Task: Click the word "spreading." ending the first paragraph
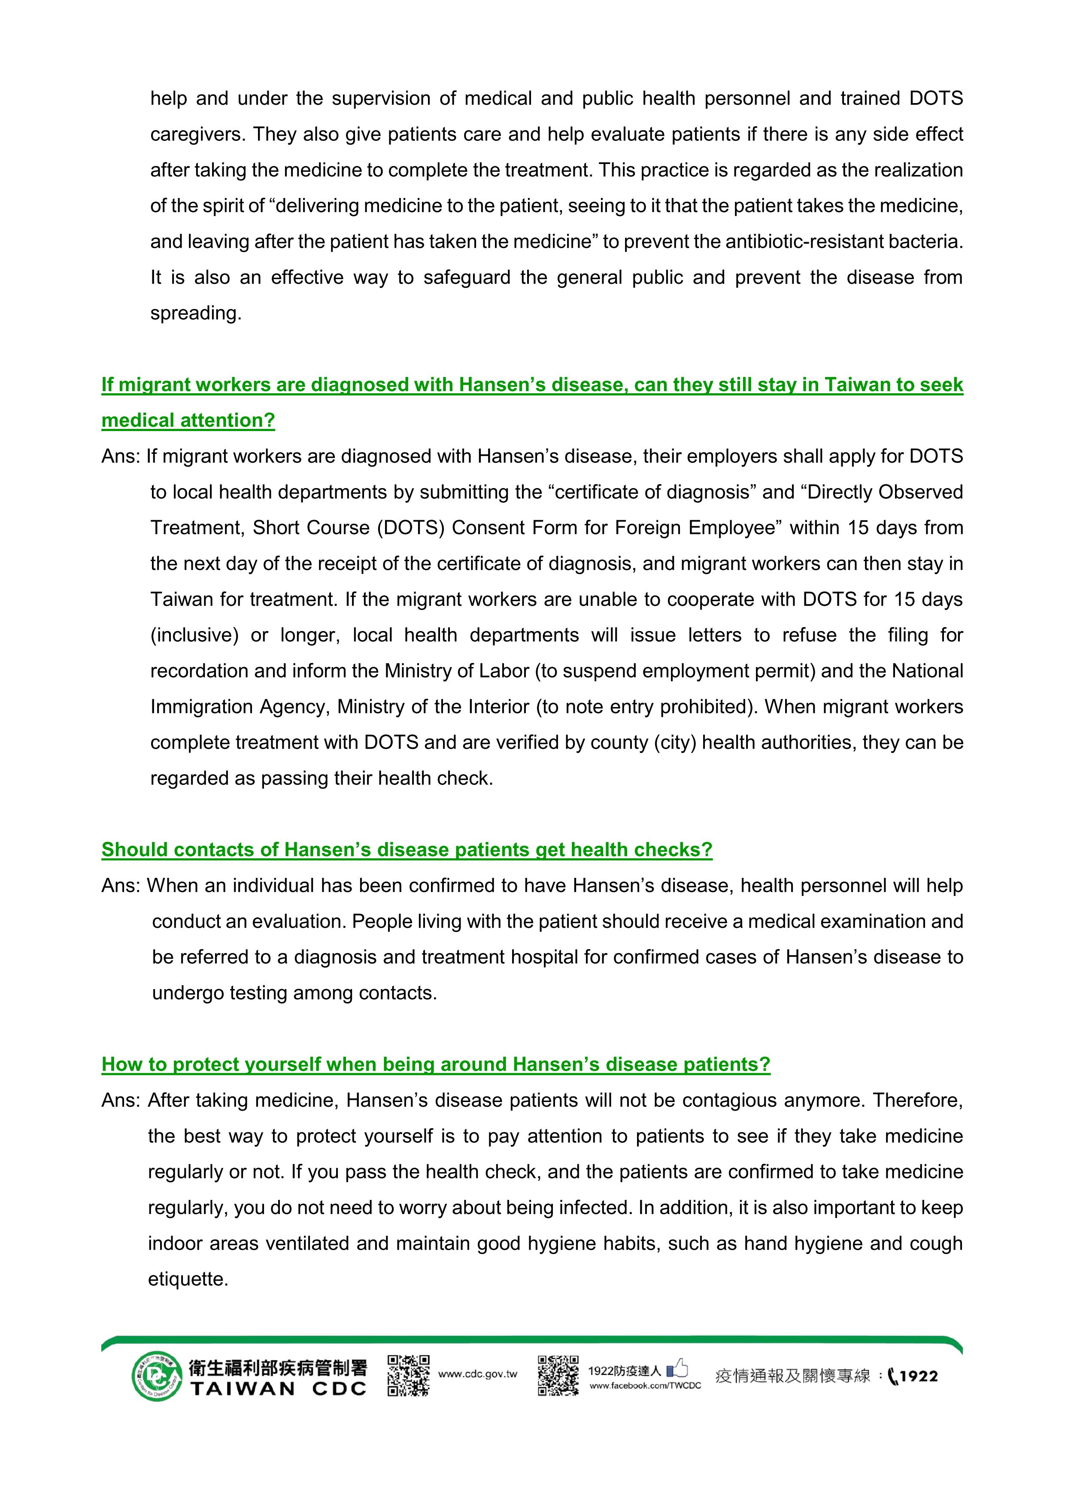(195, 313)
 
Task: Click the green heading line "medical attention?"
(188, 420)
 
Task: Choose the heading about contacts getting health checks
(407, 850)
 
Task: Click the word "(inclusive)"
(194, 636)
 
